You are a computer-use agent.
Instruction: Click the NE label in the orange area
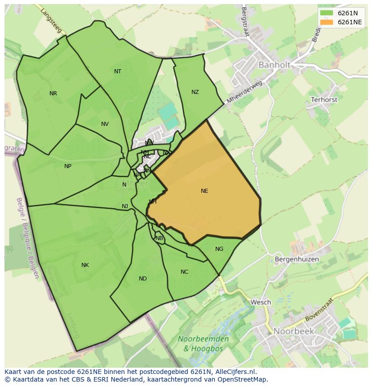204,191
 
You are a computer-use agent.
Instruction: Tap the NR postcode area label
53,93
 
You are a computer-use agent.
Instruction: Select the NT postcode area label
118,71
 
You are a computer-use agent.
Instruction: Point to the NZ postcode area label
195,92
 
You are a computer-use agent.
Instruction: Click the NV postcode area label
105,124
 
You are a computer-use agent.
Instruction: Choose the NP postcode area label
68,166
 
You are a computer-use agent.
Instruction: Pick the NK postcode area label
85,265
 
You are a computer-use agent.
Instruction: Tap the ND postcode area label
143,279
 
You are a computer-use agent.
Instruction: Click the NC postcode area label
185,272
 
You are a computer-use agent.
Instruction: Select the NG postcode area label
219,249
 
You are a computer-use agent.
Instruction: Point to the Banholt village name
274,65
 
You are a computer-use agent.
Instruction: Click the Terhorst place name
324,99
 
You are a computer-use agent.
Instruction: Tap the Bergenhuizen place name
297,259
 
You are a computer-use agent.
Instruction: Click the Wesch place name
261,302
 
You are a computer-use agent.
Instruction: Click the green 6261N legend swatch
327,13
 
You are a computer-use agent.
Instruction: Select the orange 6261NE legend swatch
327,22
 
